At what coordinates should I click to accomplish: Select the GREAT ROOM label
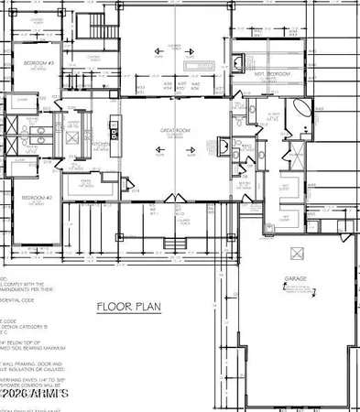point(173,132)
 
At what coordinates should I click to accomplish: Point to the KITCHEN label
point(100,144)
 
